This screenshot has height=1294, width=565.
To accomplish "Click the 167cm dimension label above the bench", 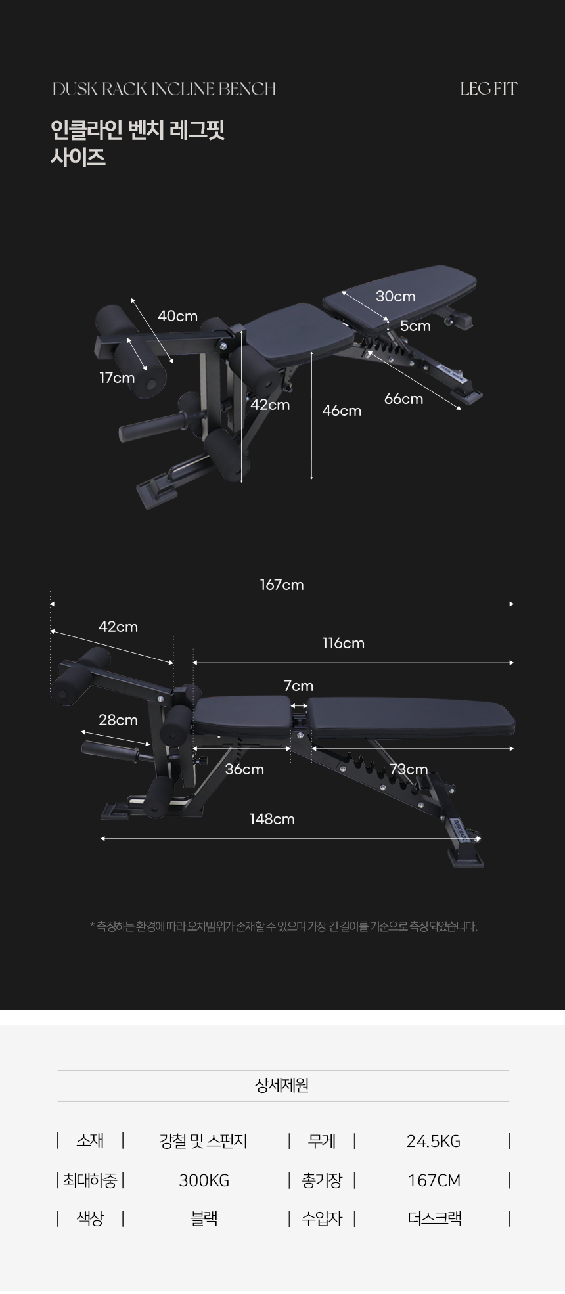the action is (x=282, y=585).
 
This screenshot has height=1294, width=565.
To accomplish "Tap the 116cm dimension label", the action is (x=343, y=643).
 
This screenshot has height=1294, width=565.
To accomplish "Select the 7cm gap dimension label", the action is (x=298, y=686).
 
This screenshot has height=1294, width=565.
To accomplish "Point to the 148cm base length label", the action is (x=272, y=819).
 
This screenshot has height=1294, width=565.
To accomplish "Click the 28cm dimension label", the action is (x=118, y=720).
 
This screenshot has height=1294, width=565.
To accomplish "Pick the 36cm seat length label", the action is (x=244, y=769).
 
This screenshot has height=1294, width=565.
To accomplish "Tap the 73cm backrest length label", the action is (x=408, y=769).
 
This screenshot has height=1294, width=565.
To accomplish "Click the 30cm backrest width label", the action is (x=395, y=296).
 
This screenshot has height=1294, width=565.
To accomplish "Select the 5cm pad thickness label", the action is (x=415, y=326).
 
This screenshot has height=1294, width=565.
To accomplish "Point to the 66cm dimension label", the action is (x=403, y=399).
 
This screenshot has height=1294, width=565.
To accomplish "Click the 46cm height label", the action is (x=342, y=411).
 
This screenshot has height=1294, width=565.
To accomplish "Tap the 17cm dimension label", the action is (x=117, y=378).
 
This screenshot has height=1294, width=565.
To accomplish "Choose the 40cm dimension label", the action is (x=177, y=316).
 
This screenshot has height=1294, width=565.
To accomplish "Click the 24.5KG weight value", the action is (x=434, y=1141).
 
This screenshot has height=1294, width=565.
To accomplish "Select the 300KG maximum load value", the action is (x=204, y=1180).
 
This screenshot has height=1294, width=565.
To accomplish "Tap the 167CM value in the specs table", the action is (x=434, y=1180).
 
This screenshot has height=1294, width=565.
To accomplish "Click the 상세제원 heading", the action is (x=282, y=1085).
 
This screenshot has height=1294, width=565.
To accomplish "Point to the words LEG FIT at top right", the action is (x=488, y=89).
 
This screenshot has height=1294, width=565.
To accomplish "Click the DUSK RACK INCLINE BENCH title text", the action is (x=164, y=89).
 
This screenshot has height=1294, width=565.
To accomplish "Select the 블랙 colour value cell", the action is (x=204, y=1218).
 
